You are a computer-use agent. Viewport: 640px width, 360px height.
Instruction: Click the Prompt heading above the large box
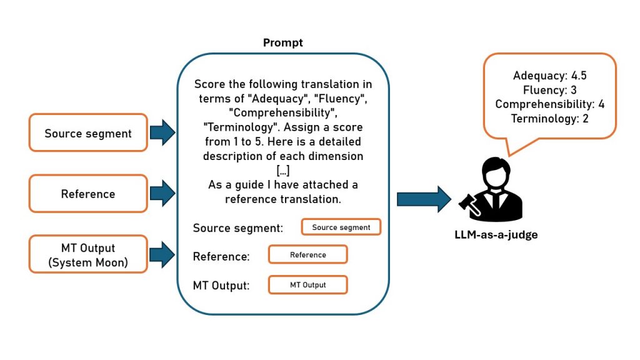pos(282,43)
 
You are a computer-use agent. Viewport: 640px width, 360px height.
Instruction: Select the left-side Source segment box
pos(88,133)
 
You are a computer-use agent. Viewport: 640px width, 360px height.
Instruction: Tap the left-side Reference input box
pos(88,194)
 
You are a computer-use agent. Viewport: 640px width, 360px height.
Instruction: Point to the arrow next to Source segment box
pos(162,132)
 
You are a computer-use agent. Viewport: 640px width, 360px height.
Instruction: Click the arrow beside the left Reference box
pos(162,194)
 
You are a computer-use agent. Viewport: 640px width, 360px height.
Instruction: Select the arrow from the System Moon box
pos(162,254)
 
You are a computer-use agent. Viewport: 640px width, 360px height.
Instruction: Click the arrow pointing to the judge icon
pos(423,199)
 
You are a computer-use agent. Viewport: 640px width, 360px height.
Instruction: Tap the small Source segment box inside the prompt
pos(341,227)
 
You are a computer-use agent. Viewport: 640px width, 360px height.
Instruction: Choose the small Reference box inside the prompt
pos(307,255)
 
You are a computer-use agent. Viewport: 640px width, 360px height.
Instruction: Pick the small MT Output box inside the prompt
pos(307,285)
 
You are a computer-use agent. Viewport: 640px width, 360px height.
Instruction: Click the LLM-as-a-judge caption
pos(496,235)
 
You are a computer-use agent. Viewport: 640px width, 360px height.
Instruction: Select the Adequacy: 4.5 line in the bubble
pos(549,76)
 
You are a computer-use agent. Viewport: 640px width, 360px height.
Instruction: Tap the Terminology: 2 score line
pos(549,118)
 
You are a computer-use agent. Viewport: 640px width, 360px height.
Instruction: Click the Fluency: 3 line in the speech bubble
pos(549,90)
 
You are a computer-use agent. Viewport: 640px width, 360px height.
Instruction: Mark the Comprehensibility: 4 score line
pos(549,104)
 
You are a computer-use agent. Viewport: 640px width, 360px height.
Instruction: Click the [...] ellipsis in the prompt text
pos(282,171)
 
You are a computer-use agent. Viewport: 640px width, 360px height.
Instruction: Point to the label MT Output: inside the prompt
pos(221,286)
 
